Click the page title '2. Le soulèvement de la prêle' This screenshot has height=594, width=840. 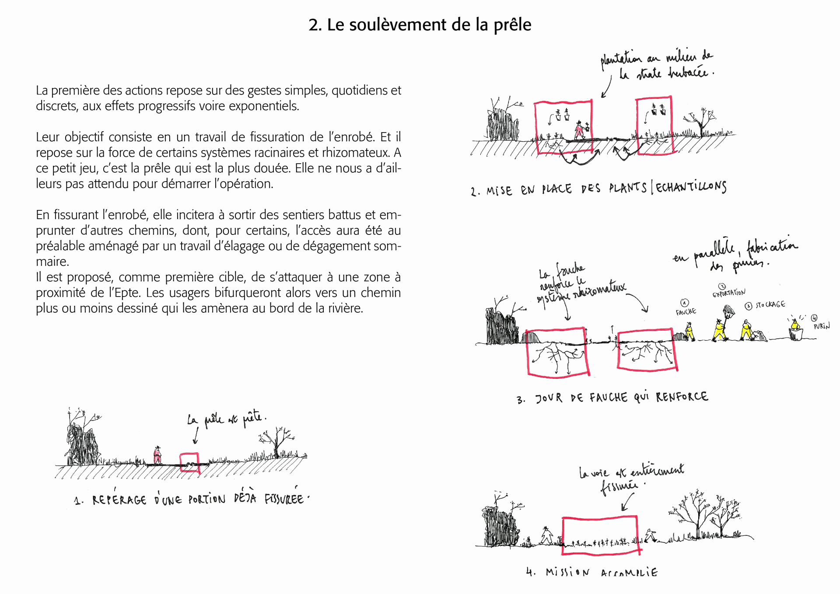click(420, 25)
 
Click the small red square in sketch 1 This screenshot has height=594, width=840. click(189, 463)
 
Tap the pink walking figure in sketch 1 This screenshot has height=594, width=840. click(157, 455)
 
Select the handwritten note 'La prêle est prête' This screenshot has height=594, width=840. click(226, 419)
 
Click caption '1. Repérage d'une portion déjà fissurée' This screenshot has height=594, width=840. click(191, 499)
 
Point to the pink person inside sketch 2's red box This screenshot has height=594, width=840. click(580, 129)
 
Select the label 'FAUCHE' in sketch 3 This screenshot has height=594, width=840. click(686, 312)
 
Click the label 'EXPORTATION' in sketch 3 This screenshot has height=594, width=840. click(728, 293)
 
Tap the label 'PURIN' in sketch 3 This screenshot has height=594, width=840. click(821, 326)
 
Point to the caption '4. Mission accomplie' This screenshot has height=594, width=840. click(591, 572)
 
